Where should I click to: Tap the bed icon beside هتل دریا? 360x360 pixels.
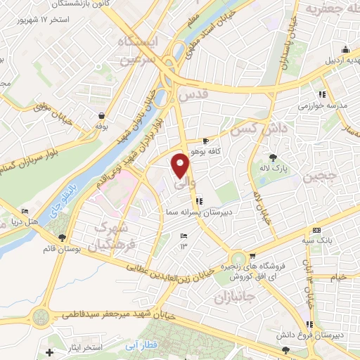[26, 212]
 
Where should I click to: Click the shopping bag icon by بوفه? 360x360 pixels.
[103, 116]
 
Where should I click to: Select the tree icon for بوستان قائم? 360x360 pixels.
[63, 238]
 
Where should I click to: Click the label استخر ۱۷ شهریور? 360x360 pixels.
[45, 19]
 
